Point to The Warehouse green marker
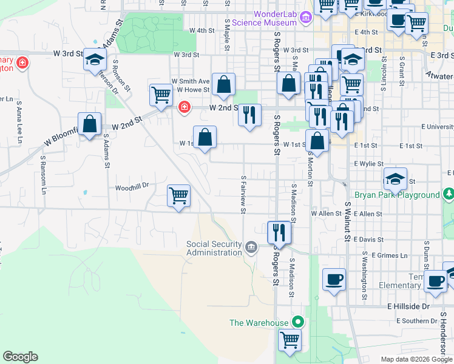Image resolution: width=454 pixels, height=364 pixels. click(x=297, y=322)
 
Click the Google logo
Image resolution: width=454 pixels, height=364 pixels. click(x=20, y=357)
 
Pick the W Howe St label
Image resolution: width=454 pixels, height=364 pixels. click(x=192, y=90)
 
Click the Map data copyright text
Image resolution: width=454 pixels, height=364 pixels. click(x=417, y=359)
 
